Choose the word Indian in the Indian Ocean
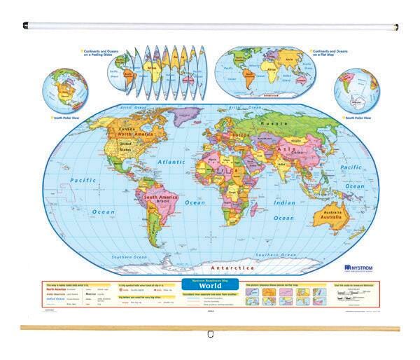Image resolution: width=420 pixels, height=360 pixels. coord(283,202)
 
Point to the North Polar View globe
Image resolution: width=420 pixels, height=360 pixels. coord(62,94)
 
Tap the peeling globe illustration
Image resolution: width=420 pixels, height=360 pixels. coord(157,71)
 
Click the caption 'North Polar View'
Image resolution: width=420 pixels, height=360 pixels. coord(65,118)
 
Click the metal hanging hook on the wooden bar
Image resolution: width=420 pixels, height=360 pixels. coord(210,333)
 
